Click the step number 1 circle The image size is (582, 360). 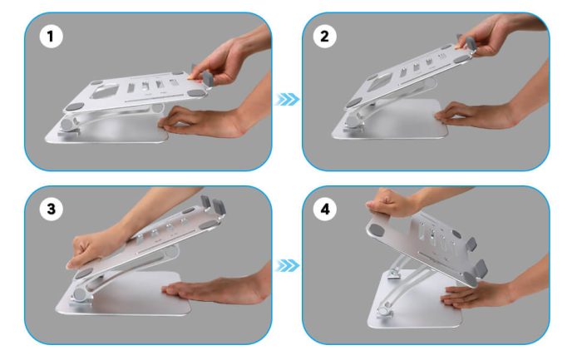click(51, 37)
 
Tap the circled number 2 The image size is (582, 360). click(324, 37)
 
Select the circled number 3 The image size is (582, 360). click(51, 209)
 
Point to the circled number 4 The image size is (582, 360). click(324, 209)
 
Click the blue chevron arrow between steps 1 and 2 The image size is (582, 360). click(288, 100)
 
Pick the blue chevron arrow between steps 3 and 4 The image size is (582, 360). click(288, 266)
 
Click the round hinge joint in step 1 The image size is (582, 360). click(68, 124)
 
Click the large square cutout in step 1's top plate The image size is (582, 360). click(106, 91)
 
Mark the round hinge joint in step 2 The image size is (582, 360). click(351, 121)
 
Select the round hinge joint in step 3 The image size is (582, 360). click(80, 294)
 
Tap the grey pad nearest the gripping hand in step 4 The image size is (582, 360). click(377, 229)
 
